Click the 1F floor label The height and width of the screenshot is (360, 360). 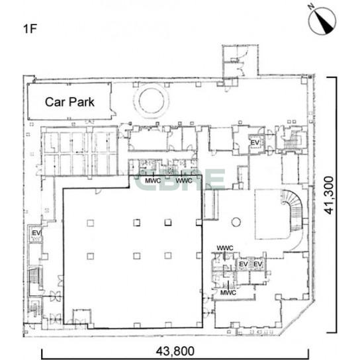pyautogui.click(x=30, y=29)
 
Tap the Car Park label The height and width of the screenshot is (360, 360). pyautogui.click(x=69, y=102)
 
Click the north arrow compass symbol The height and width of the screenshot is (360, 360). pyautogui.click(x=322, y=21)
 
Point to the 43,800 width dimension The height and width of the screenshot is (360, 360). pyautogui.click(x=175, y=351)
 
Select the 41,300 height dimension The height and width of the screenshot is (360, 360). pyautogui.click(x=329, y=195)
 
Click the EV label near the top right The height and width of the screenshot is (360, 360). pyautogui.click(x=255, y=142)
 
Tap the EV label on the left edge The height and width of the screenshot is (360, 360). pyautogui.click(x=36, y=233)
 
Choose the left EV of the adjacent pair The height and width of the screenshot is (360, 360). pyautogui.click(x=244, y=264)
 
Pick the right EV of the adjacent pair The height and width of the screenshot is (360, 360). pyautogui.click(x=257, y=264)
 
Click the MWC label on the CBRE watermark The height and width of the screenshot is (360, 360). pyautogui.click(x=153, y=181)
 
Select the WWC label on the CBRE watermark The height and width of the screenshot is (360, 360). pyautogui.click(x=184, y=181)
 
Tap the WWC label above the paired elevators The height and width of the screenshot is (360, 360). pyautogui.click(x=225, y=248)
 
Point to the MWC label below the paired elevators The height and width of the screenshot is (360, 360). pyautogui.click(x=228, y=292)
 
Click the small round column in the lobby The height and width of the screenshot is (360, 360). pyautogui.click(x=236, y=222)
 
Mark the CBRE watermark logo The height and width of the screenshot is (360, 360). pyautogui.click(x=179, y=180)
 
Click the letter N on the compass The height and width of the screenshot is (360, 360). pyautogui.click(x=312, y=7)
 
